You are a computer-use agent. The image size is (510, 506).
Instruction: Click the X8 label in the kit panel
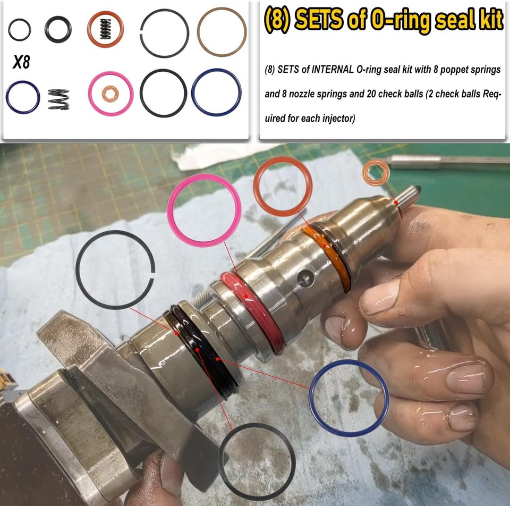[21, 63]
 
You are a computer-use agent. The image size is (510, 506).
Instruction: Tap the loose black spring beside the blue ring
[58, 99]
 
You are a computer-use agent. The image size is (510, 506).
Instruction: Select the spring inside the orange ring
[105, 30]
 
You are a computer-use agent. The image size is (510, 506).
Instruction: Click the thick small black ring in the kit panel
[58, 29]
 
